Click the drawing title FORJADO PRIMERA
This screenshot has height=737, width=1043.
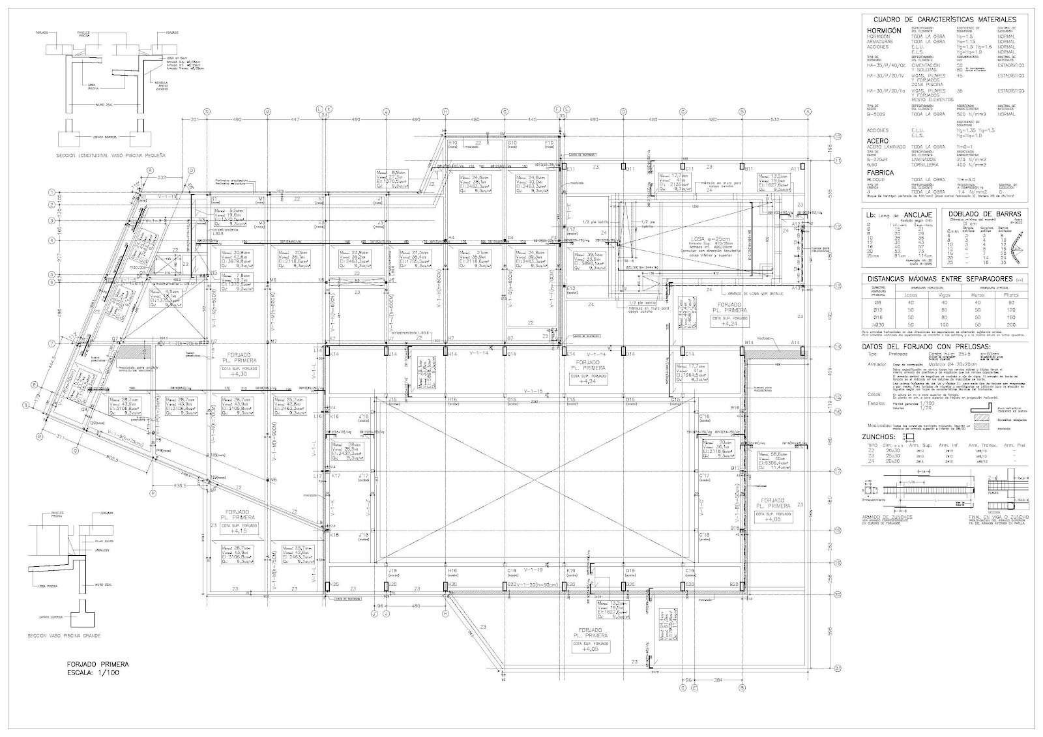[98, 664]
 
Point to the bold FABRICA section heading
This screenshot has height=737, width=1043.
[881, 173]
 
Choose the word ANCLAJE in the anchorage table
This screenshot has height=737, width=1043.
[919, 214]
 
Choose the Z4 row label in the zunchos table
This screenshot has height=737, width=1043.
[866, 461]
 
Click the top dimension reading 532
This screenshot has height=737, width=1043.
[774, 120]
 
